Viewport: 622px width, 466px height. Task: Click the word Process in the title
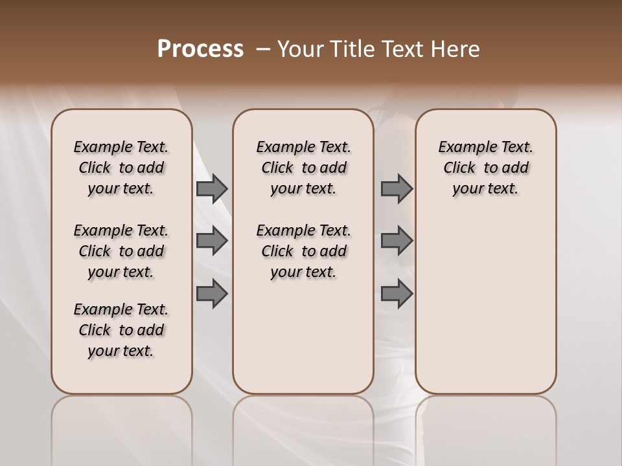click(x=200, y=49)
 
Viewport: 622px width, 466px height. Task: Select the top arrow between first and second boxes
click(x=212, y=189)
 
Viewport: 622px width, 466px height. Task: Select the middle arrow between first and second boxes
click(x=212, y=241)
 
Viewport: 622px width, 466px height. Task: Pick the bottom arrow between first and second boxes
click(x=212, y=294)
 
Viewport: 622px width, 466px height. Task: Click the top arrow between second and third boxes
click(x=397, y=189)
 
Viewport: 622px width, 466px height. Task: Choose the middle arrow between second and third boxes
click(x=397, y=241)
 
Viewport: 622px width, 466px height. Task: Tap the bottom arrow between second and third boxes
click(x=397, y=294)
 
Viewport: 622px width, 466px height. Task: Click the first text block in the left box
click(x=121, y=168)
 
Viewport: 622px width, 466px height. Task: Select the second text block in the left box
click(x=121, y=251)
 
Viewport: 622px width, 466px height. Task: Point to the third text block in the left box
click(x=121, y=330)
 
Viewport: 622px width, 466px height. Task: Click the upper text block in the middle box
click(x=303, y=168)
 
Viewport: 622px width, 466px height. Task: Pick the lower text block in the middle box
click(x=303, y=251)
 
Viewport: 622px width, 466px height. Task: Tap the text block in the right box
click(x=485, y=168)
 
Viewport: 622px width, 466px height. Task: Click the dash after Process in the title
click(x=263, y=49)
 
